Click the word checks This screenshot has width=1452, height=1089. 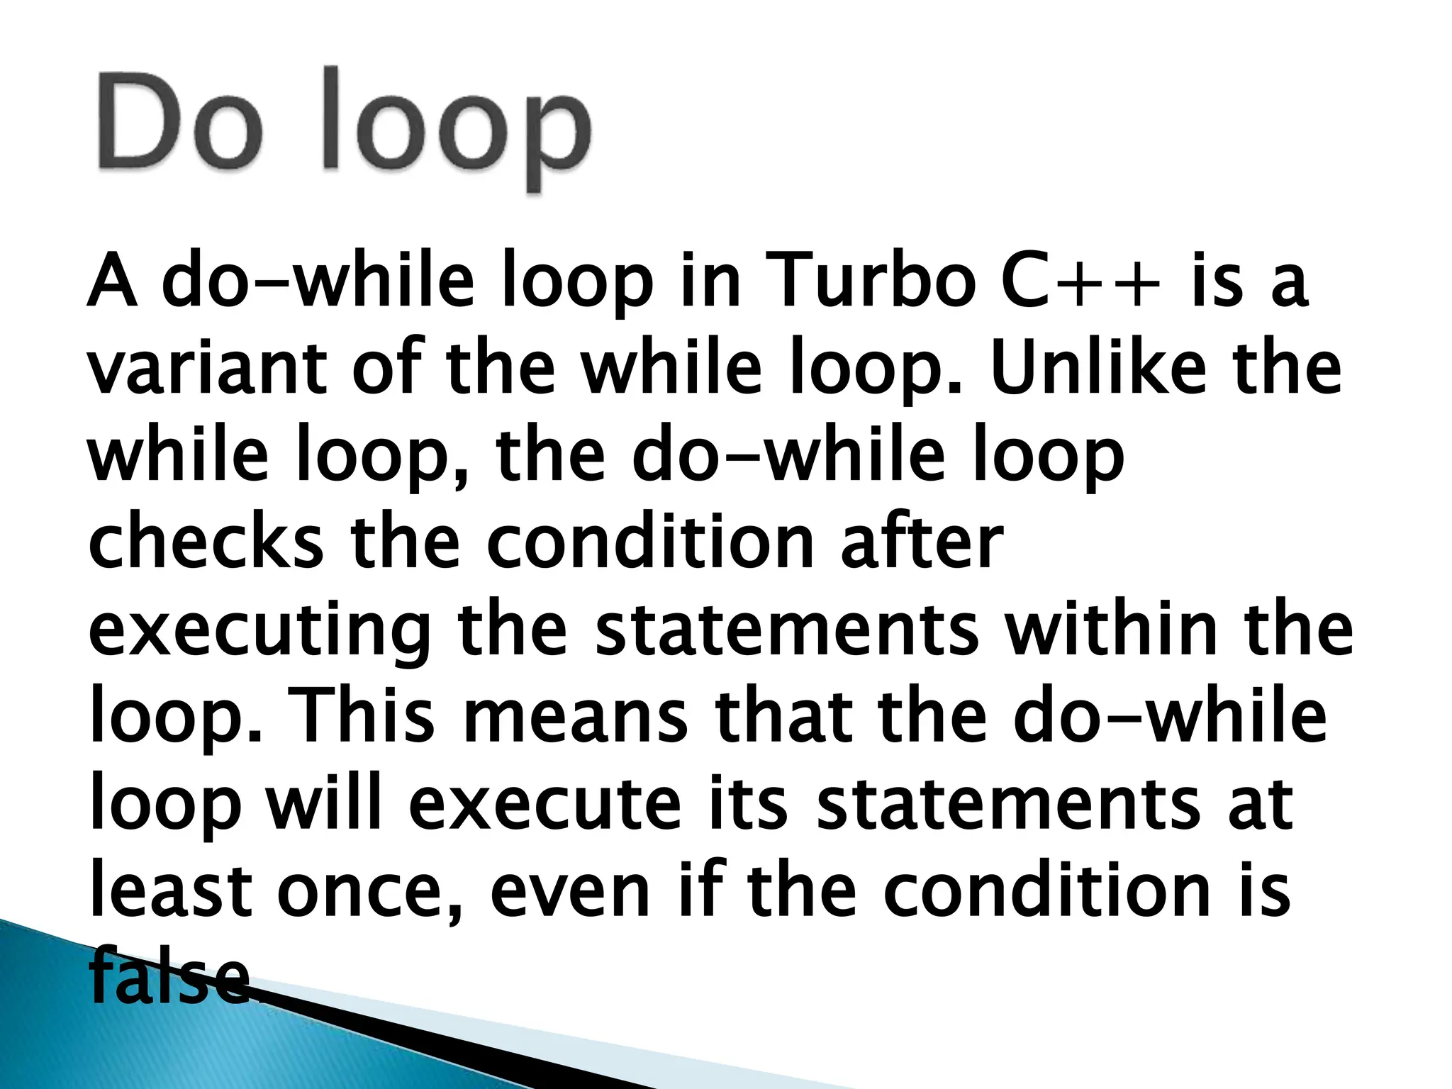coord(206,542)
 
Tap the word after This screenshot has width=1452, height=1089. coord(922,542)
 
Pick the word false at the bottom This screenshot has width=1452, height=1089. coord(171,977)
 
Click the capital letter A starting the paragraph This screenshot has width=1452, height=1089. coord(112,281)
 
